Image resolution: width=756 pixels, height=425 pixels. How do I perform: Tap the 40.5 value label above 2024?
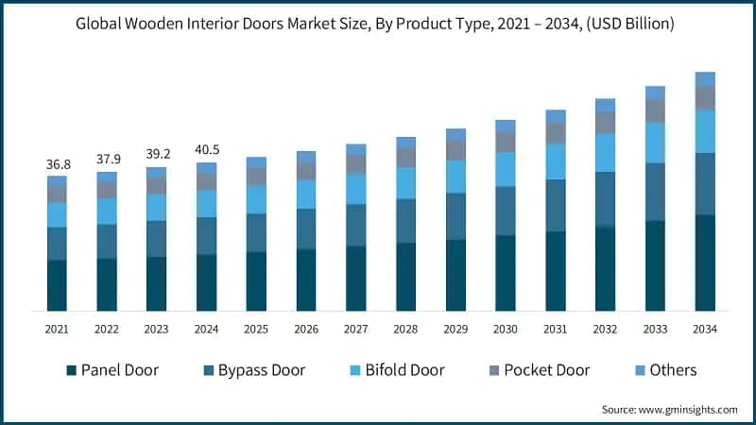(206, 150)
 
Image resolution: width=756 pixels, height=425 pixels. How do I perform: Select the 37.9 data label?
(107, 159)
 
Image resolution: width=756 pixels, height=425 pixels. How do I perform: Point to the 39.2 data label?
(157, 154)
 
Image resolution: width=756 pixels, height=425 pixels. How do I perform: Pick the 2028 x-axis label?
(405, 329)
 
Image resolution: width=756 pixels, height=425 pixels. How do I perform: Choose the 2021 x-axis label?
(57, 329)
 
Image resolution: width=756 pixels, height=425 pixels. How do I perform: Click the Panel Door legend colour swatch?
(71, 370)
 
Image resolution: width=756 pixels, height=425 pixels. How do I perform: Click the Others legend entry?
(672, 370)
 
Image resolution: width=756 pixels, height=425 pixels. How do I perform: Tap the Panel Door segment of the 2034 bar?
(705, 263)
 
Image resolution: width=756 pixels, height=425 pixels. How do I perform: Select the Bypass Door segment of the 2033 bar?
(655, 192)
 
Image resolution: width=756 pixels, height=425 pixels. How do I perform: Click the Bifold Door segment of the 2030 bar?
(506, 169)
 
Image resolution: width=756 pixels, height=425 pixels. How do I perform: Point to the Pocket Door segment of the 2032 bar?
(605, 122)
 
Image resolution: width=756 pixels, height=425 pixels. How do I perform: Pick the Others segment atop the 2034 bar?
(705, 78)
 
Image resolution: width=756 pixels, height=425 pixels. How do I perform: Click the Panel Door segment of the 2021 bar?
(57, 285)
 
